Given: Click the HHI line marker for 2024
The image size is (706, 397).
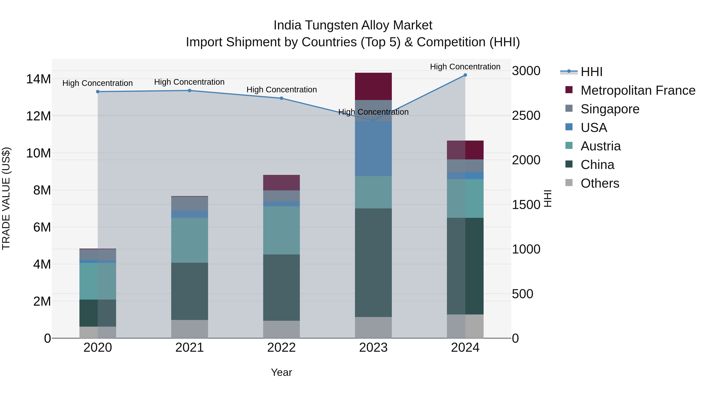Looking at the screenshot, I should click(465, 75).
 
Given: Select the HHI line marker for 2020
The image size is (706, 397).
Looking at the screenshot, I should click(98, 92).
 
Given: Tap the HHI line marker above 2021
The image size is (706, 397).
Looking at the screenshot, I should click(189, 90).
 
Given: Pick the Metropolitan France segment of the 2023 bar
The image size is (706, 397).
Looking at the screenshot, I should click(373, 86).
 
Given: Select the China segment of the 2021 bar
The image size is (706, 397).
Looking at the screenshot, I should click(189, 291).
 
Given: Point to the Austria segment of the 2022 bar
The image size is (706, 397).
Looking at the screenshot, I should click(281, 230).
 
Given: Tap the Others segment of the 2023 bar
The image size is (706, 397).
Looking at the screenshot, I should click(373, 327).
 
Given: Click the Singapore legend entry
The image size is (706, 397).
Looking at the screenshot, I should click(610, 109).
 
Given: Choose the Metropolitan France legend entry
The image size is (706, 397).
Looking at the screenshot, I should click(638, 90).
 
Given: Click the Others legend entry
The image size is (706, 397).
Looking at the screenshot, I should click(600, 183).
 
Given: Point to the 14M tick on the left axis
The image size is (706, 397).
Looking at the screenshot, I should click(38, 79).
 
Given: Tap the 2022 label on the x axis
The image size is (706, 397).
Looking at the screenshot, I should click(281, 348).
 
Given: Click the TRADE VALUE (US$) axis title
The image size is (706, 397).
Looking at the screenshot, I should click(6, 198).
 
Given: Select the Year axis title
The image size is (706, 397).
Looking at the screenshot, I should click(281, 372).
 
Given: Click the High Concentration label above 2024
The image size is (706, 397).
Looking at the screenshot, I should click(465, 67).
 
